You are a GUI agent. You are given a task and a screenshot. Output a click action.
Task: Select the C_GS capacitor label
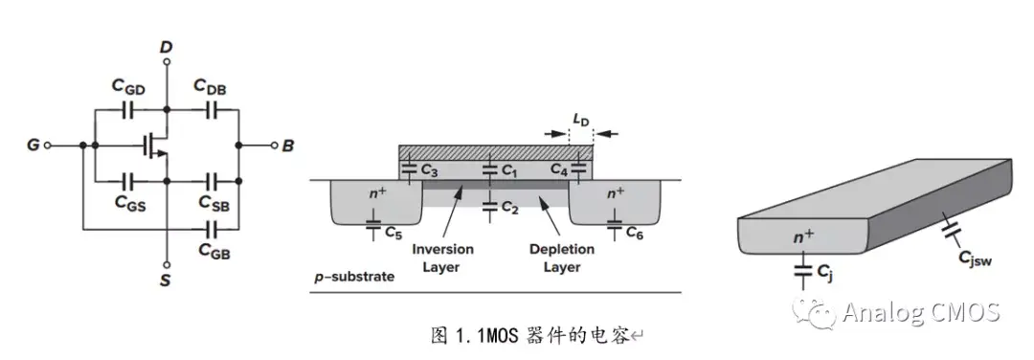click(128, 202)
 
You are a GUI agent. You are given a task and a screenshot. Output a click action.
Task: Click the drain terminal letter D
click(166, 46)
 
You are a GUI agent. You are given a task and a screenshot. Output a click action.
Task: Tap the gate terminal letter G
click(34, 146)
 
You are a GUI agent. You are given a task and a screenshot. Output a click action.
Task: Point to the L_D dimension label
click(581, 120)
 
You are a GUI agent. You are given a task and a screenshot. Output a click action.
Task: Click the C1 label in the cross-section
click(507, 169)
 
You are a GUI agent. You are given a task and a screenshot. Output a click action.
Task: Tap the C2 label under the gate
click(507, 205)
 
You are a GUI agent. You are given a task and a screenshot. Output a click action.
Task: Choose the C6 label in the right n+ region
click(635, 232)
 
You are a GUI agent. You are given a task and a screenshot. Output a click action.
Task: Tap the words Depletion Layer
click(561, 258)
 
